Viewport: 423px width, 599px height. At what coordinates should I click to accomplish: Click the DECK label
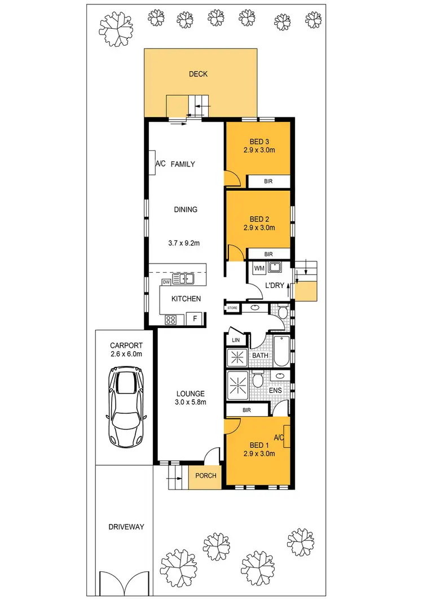click(199, 73)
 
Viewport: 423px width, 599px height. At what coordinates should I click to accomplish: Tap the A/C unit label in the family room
click(160, 164)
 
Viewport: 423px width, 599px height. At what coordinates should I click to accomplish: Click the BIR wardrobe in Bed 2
click(269, 255)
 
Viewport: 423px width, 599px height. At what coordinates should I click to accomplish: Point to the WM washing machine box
click(259, 267)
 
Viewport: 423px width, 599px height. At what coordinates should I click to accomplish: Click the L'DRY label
click(275, 286)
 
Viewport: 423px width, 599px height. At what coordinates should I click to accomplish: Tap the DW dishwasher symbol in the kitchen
click(166, 282)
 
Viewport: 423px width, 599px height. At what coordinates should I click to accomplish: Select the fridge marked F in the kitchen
click(195, 319)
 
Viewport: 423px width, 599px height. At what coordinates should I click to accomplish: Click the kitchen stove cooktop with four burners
click(171, 320)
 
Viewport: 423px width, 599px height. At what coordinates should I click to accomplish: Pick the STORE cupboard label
click(232, 308)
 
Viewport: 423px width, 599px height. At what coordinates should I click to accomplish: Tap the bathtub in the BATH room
click(281, 351)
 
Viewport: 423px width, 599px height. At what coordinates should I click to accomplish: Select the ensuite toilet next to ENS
click(257, 379)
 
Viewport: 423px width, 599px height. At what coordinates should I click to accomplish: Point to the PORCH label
click(206, 475)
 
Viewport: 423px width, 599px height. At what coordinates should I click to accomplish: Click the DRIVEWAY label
click(126, 527)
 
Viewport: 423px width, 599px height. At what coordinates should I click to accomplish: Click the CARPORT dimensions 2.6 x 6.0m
click(126, 354)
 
